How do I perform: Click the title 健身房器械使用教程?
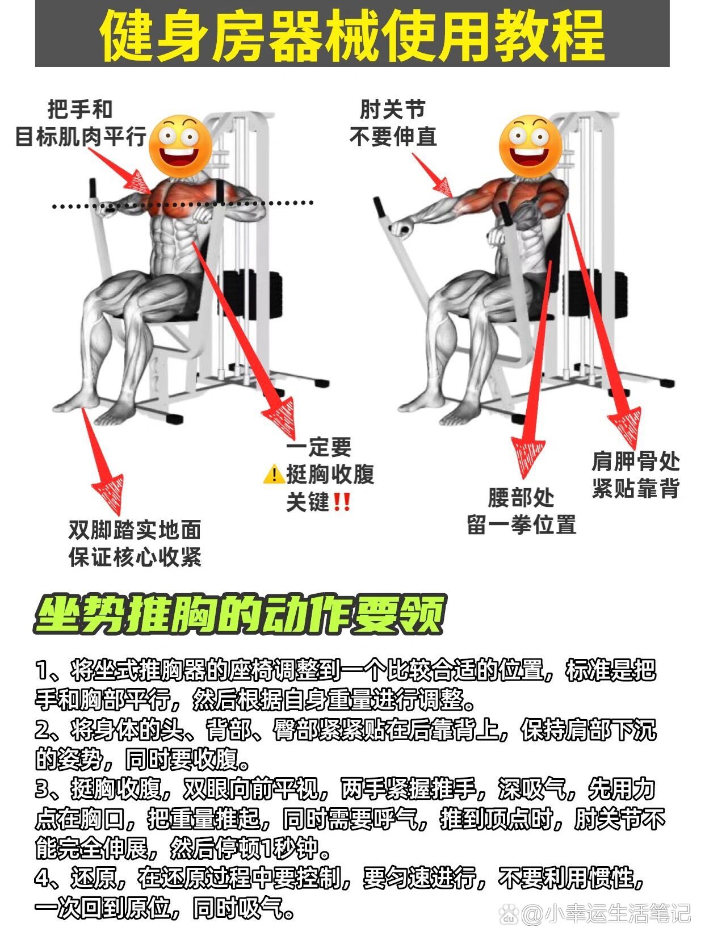click(x=352, y=34)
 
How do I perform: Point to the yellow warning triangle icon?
click(x=274, y=474)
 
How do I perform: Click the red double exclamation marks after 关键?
click(x=342, y=502)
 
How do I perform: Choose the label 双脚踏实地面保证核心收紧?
click(x=135, y=543)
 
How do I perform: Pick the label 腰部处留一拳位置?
click(x=521, y=511)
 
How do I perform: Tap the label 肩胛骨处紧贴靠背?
click(x=636, y=475)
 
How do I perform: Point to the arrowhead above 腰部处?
click(x=528, y=457)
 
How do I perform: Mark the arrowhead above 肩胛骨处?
click(x=626, y=429)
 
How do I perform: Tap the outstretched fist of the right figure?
click(x=402, y=229)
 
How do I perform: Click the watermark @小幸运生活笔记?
click(x=596, y=913)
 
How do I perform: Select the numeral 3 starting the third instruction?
click(x=43, y=789)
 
